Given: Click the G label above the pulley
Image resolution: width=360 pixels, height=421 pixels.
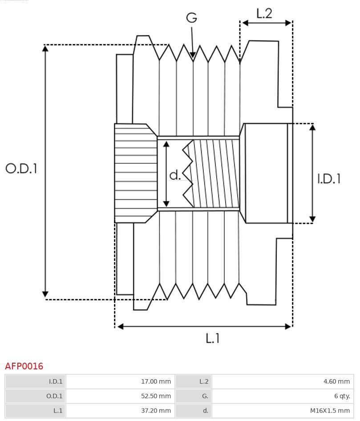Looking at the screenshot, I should coord(191,18).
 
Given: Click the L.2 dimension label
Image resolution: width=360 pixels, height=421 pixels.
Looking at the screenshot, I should coord(264,13).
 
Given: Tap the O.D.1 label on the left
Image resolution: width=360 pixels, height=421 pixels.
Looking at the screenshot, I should coord(21,168).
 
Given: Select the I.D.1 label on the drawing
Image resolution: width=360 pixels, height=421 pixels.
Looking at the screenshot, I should coord(329,178).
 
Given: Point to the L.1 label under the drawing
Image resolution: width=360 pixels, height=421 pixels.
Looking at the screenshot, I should coord(213,339).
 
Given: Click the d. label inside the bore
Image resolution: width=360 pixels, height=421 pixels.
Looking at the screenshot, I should coord(175,175).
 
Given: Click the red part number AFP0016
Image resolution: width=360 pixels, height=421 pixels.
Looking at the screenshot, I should coord(24,366).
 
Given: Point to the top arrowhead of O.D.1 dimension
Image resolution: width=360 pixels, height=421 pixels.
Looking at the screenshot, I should coord(45,48).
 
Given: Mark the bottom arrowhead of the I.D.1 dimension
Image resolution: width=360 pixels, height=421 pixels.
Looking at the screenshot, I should coord(312,219).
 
